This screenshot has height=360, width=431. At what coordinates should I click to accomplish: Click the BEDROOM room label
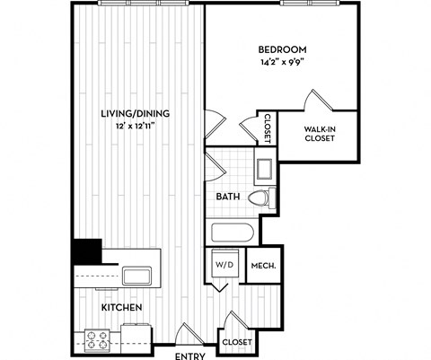[282, 49]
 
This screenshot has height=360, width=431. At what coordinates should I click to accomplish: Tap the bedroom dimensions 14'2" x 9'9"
[282, 64]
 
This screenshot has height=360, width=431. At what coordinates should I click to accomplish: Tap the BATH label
[228, 197]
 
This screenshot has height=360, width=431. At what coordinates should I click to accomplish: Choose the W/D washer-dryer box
[224, 265]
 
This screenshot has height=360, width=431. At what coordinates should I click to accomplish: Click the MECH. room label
[262, 266]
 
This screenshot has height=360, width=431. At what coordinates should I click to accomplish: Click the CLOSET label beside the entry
[237, 342]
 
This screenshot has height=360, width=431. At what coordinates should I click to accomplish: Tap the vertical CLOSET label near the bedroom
[267, 128]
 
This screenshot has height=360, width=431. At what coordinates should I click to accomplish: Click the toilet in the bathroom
[260, 198]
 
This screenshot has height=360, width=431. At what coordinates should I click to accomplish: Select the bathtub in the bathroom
[233, 233]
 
